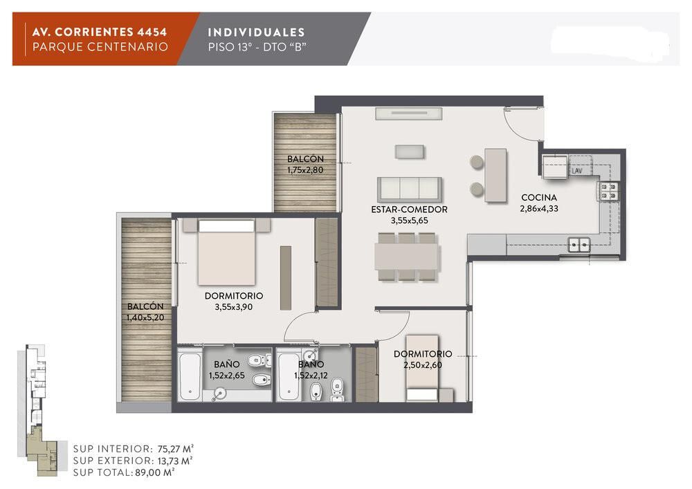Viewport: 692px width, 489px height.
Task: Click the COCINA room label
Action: click(x=539, y=198)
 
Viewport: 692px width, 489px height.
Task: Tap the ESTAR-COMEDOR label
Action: click(x=409, y=210)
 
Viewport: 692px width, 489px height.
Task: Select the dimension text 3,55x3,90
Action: click(x=233, y=307)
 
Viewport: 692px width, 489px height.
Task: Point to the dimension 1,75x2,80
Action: click(x=305, y=169)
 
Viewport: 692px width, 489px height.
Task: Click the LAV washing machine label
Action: click(x=577, y=171)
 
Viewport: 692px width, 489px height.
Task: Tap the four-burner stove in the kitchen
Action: click(x=609, y=191)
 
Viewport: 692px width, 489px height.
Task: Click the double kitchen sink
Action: click(x=579, y=245)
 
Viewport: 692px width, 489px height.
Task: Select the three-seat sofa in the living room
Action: click(x=409, y=190)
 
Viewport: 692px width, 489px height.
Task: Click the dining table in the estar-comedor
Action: click(x=406, y=257)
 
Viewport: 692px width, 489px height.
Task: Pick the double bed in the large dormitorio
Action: click(x=226, y=252)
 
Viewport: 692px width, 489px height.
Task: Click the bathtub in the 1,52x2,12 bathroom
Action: click(x=289, y=375)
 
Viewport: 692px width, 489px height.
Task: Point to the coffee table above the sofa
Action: click(x=410, y=151)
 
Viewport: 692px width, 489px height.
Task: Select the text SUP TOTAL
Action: click(x=102, y=472)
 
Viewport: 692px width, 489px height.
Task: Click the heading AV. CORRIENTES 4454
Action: click(x=100, y=32)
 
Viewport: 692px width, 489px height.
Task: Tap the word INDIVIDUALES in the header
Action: click(x=256, y=33)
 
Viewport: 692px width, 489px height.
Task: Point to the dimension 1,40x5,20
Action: click(x=145, y=317)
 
